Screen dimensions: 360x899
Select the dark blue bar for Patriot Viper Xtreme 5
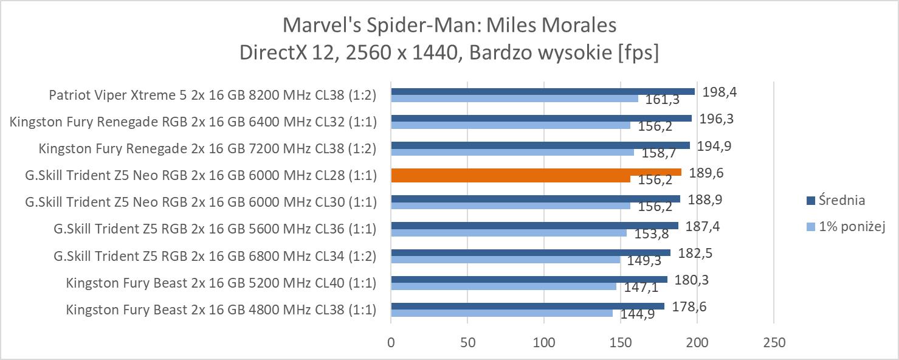pyautogui.click(x=543, y=92)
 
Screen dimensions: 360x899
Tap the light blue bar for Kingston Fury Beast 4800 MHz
pyautogui.click(x=501, y=313)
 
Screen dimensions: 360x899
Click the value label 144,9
pyautogui.click(x=638, y=315)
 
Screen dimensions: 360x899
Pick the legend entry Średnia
pyautogui.click(x=841, y=200)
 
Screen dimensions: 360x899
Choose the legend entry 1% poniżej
pyautogui.click(x=847, y=227)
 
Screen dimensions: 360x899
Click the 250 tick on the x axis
pyautogui.click(x=773, y=342)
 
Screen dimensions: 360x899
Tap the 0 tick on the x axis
pyautogui.click(x=391, y=342)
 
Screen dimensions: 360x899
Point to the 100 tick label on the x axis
pyautogui.click(x=544, y=342)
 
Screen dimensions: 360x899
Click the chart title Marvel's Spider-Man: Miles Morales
pyautogui.click(x=449, y=26)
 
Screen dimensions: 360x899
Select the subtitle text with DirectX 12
pyautogui.click(x=449, y=53)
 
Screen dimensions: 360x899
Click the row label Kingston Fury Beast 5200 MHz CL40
pyautogui.click(x=221, y=283)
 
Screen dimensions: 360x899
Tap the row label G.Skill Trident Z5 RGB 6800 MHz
pyautogui.click(x=215, y=256)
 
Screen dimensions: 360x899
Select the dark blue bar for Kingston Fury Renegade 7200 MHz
pyautogui.click(x=540, y=145)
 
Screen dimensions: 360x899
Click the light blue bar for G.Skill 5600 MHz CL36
pyautogui.click(x=509, y=232)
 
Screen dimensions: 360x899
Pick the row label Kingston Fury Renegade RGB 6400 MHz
pyautogui.click(x=193, y=122)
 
